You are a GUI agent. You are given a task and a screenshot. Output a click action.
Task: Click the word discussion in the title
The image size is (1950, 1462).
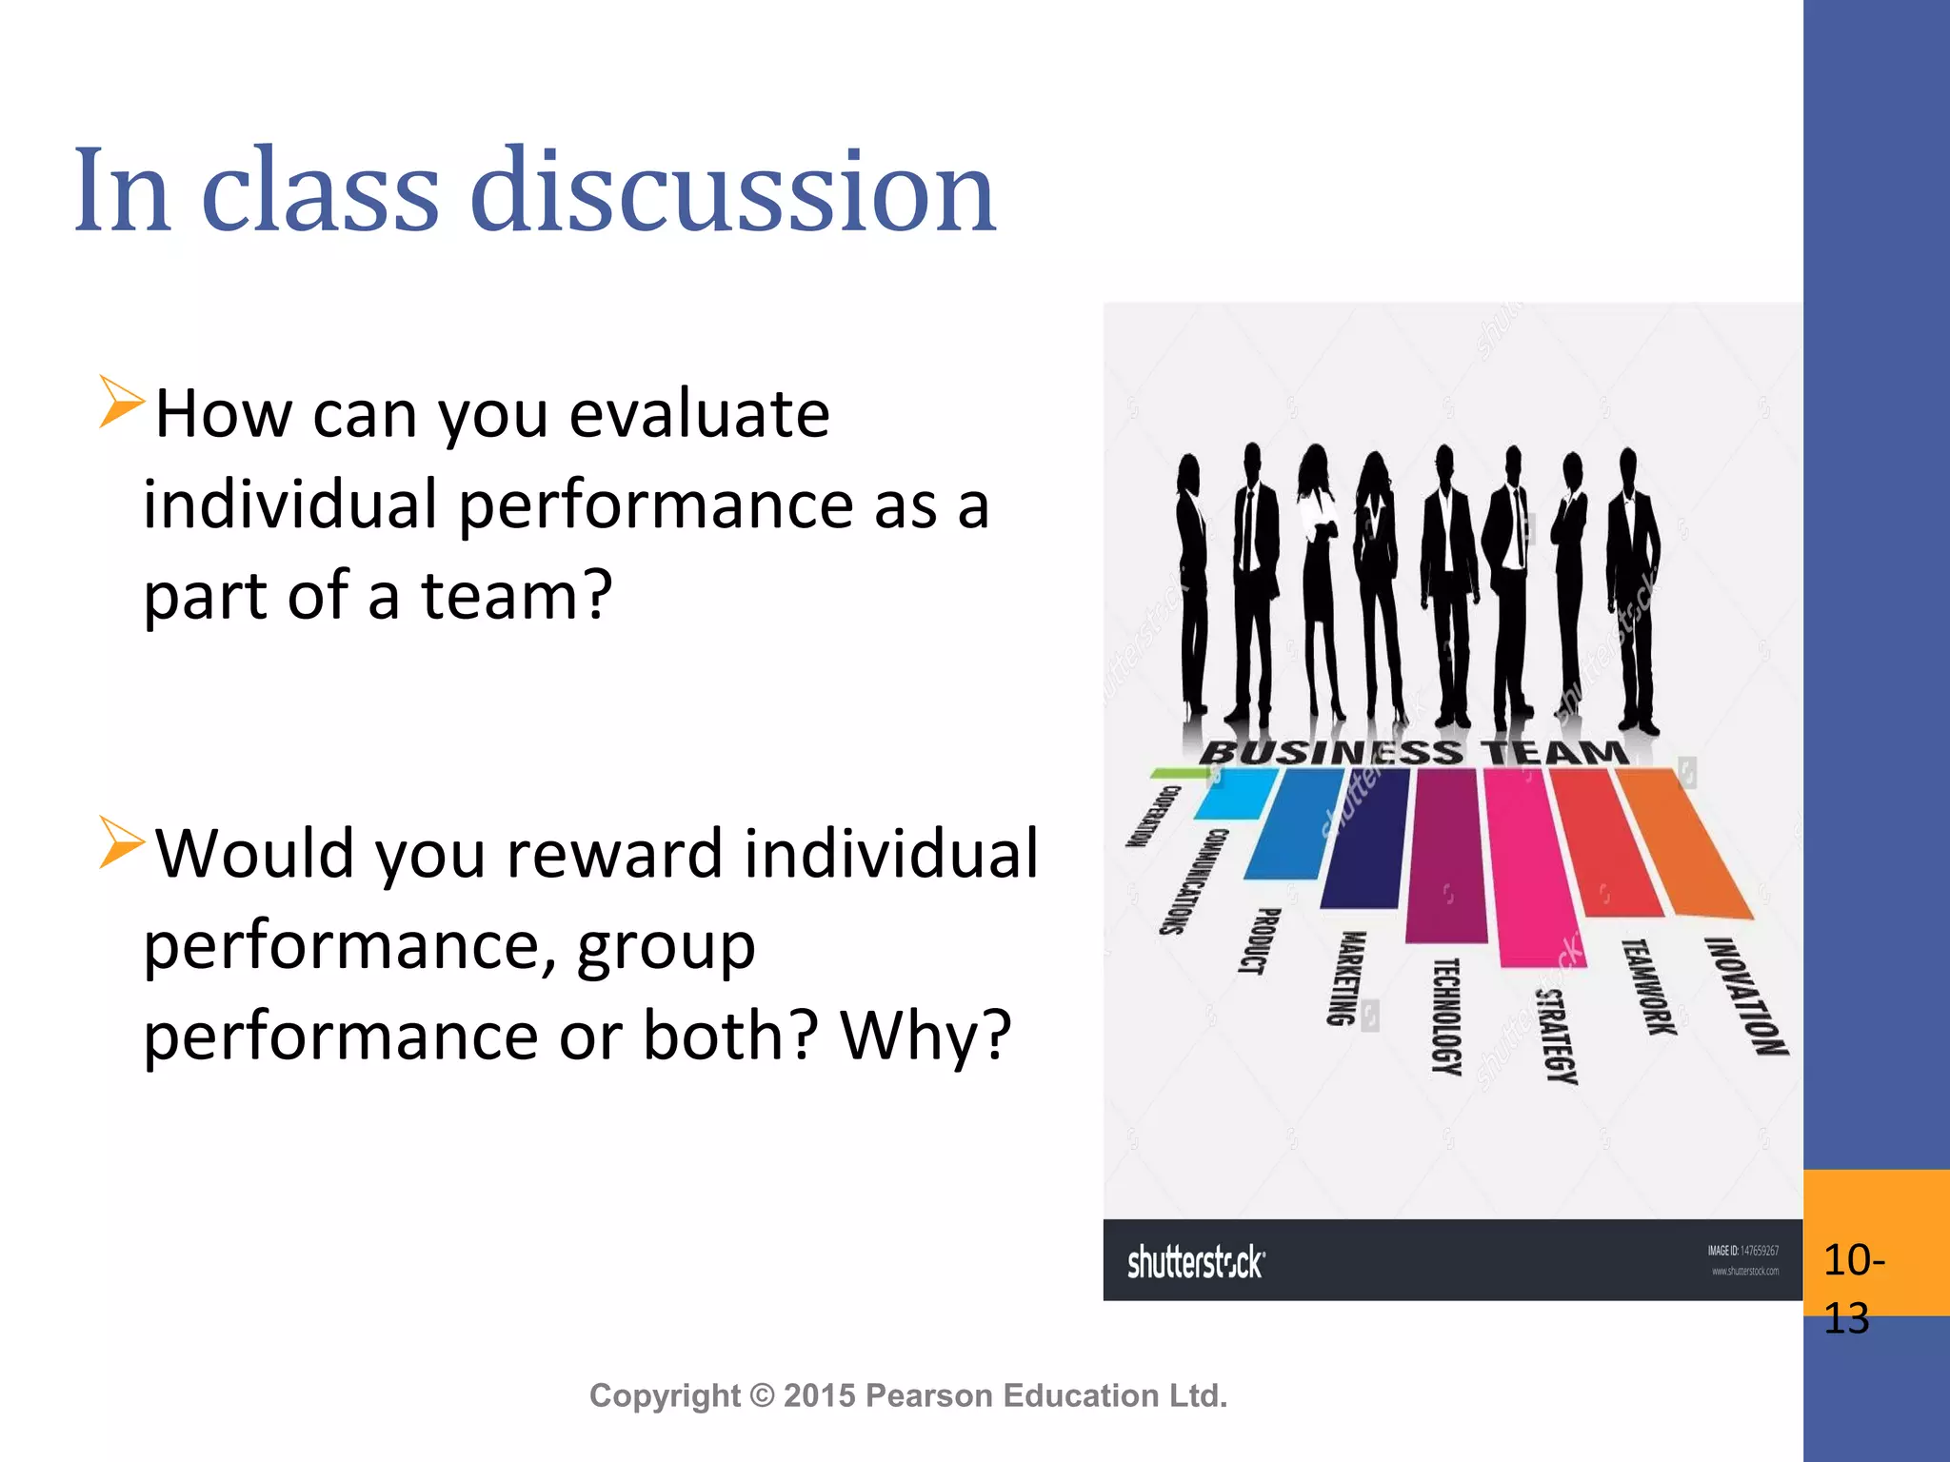pos(733,190)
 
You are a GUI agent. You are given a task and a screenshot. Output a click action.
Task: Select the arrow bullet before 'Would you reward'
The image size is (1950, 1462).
pos(121,841)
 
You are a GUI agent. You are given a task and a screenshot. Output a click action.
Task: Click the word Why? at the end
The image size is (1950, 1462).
pos(925,1036)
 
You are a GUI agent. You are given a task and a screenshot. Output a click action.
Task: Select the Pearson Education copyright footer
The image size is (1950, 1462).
pos(908,1395)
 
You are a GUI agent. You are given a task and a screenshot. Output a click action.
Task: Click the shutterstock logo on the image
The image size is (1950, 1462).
pos(1196,1262)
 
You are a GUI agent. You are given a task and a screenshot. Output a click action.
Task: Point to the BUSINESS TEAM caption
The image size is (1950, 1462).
pos(1413,752)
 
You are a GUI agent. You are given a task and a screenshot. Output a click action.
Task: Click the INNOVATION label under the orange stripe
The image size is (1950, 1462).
pos(1745,996)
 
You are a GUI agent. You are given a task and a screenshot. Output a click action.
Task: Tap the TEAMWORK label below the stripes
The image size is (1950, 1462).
pos(1649,987)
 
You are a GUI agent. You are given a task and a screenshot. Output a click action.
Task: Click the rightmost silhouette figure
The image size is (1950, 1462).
pos(1633,590)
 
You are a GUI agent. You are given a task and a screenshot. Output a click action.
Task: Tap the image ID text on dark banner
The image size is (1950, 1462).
pos(1742,1251)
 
